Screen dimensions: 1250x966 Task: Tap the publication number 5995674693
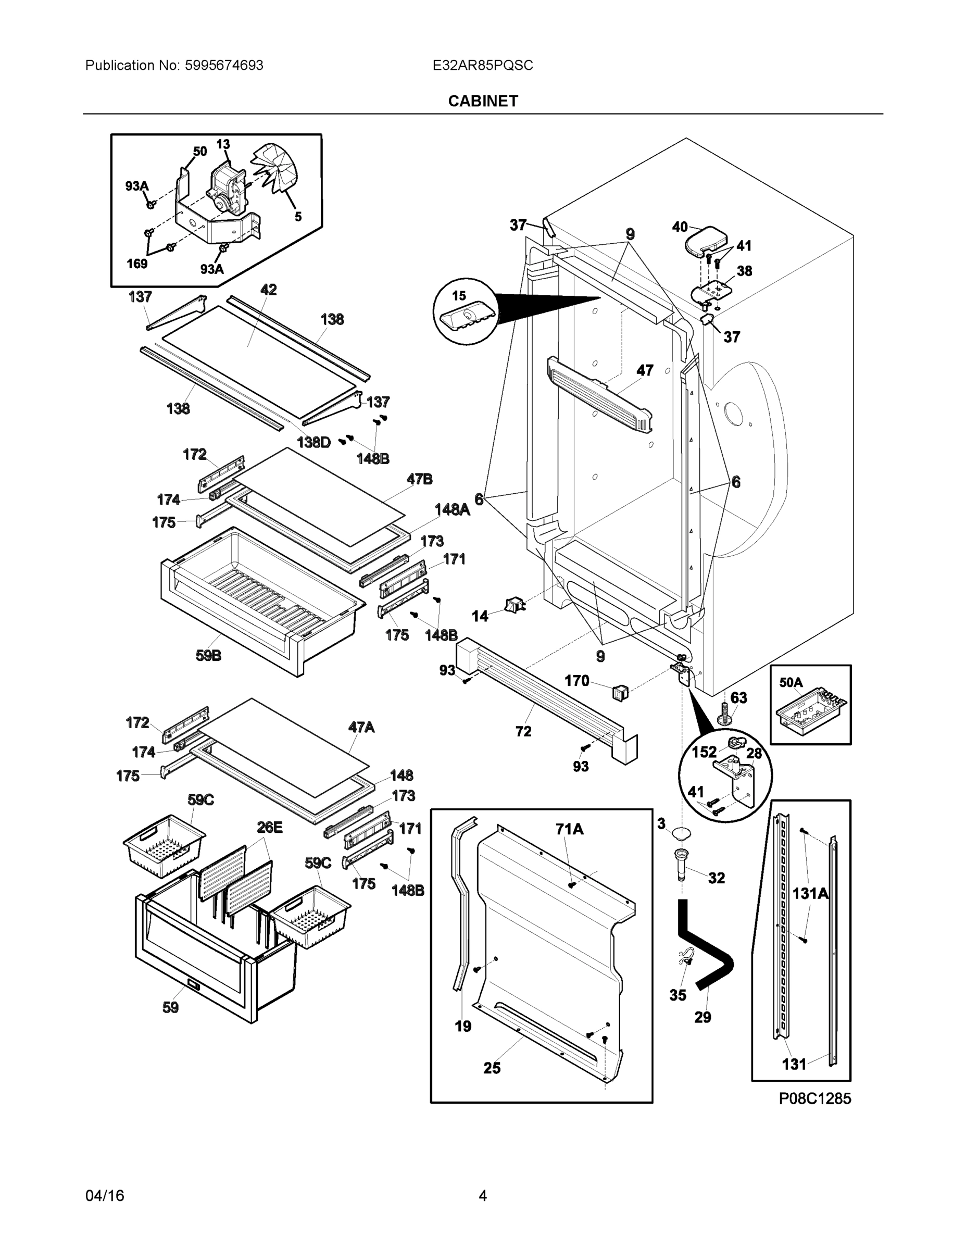pos(224,65)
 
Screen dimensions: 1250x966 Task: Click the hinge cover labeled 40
pos(705,241)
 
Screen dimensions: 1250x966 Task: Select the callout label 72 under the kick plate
pos(523,731)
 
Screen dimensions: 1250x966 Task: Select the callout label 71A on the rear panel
pos(569,829)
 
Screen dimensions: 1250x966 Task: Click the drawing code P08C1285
pos(814,1098)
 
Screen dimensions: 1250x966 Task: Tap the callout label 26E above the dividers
pos(269,827)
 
